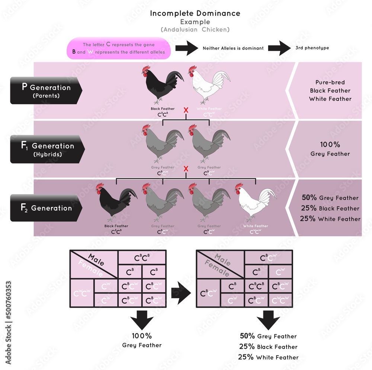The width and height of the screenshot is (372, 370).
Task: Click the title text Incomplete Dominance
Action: pyautogui.click(x=195, y=13)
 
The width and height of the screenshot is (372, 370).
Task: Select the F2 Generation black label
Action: pyautogui.click(x=46, y=208)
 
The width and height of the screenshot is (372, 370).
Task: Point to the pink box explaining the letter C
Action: pyautogui.click(x=119, y=48)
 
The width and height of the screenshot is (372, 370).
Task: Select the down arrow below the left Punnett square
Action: pyautogui.click(x=142, y=320)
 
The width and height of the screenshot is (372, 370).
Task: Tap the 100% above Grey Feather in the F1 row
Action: pyautogui.click(x=330, y=145)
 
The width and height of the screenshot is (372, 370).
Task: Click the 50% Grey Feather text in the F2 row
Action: pyautogui.click(x=330, y=198)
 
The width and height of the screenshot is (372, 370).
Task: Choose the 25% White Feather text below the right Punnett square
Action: pyautogui.click(x=269, y=357)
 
